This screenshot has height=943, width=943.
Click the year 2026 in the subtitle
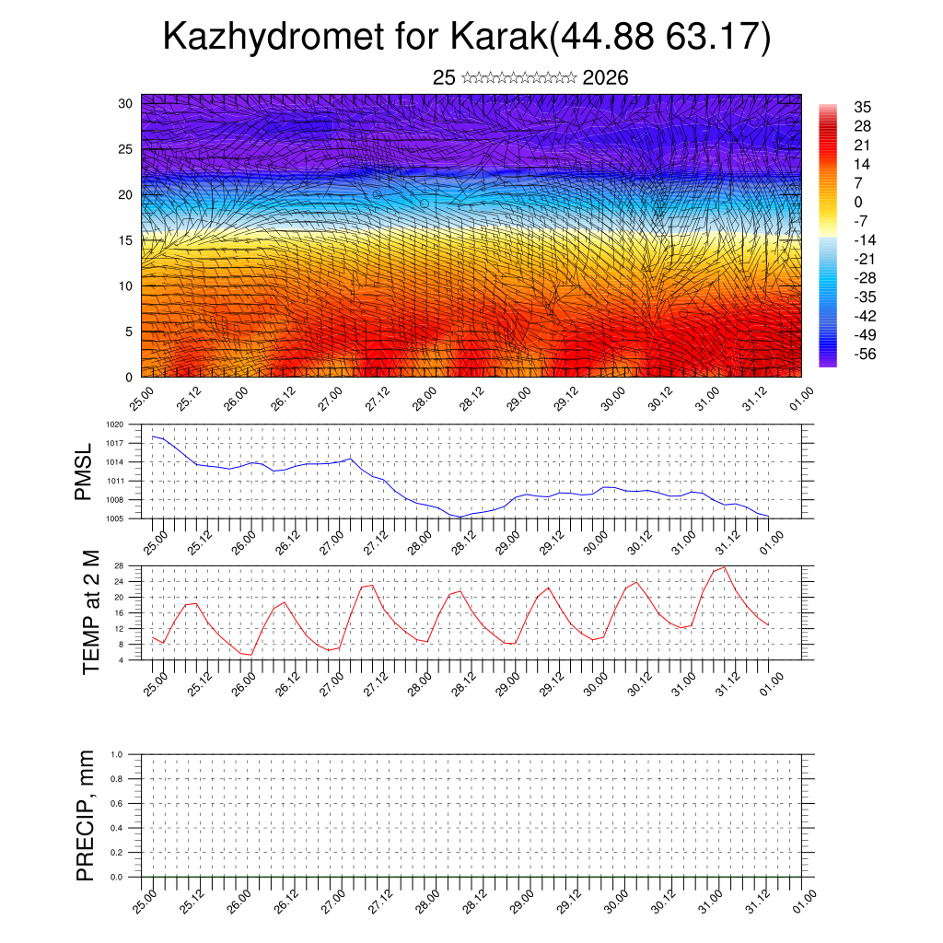pyautogui.click(x=605, y=78)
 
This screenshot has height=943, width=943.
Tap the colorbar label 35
pyautogui.click(x=863, y=107)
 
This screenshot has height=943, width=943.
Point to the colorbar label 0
pyautogui.click(x=858, y=202)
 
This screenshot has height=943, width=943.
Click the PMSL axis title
pyautogui.click(x=84, y=471)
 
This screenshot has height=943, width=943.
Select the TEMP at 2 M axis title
pyautogui.click(x=90, y=611)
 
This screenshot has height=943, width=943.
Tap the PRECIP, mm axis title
pyautogui.click(x=86, y=815)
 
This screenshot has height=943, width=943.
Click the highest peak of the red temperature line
pyautogui.click(x=725, y=567)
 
